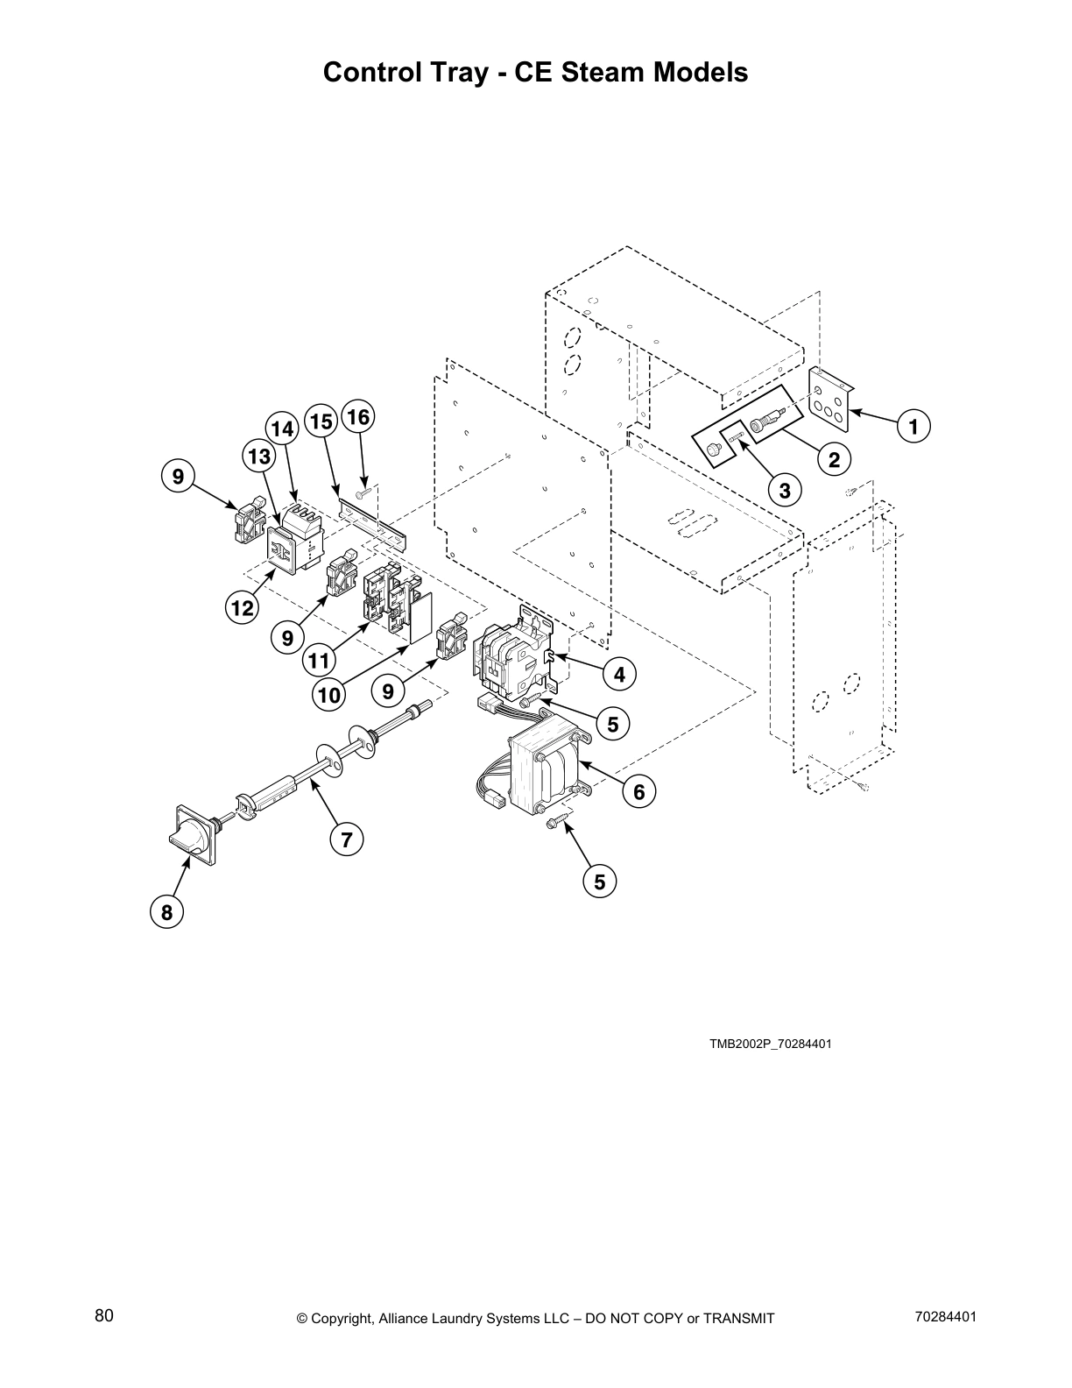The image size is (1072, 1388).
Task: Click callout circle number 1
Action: point(913,427)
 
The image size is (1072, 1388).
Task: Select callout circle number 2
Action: point(834,458)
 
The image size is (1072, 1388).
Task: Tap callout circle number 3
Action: point(785,490)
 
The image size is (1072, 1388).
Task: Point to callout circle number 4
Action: point(619,674)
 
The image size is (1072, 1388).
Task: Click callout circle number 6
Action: point(638,791)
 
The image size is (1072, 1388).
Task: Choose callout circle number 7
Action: point(346,839)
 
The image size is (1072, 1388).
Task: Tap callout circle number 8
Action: point(166,912)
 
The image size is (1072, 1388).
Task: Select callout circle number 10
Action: point(328,695)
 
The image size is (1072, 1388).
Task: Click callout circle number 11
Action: point(321,658)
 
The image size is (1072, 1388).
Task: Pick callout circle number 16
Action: point(357,417)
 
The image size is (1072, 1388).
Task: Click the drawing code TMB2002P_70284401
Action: point(770,1044)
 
